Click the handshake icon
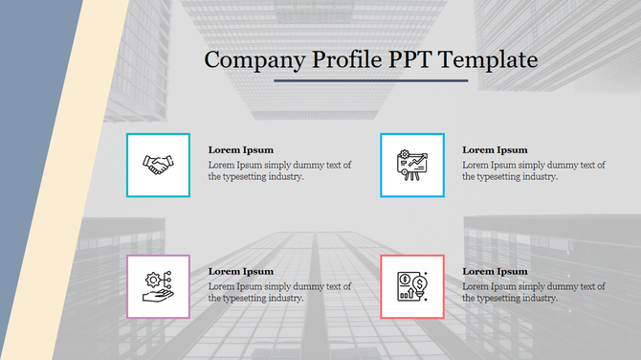point(158,165)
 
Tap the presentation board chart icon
point(412,166)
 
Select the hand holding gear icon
point(158,286)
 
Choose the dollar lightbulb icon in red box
point(412,286)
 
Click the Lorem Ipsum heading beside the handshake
point(241,149)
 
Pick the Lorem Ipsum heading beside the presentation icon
point(495,149)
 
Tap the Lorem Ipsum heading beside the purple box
point(241,271)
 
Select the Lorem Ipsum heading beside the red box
point(495,271)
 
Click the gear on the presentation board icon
point(405,155)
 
